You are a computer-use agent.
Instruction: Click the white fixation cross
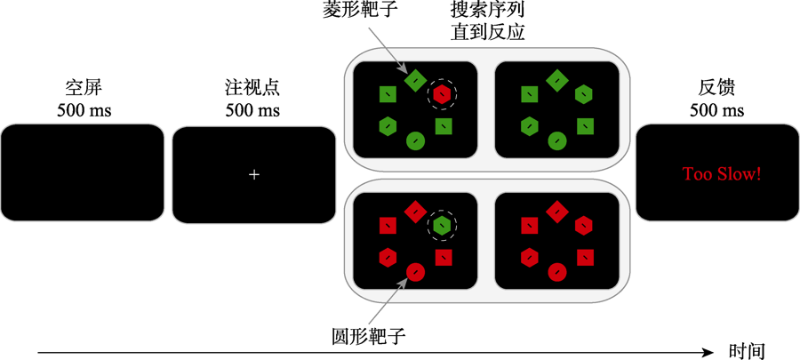click(x=254, y=174)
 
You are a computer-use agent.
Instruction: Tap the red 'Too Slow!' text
click(x=721, y=173)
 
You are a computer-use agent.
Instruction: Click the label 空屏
click(x=83, y=89)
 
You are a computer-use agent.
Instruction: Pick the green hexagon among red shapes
click(x=441, y=226)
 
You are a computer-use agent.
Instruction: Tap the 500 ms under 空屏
click(x=83, y=111)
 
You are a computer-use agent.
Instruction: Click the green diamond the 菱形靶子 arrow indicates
click(x=414, y=80)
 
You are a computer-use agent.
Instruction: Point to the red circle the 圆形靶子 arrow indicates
click(x=414, y=271)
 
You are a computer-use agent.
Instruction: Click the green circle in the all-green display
click(x=556, y=140)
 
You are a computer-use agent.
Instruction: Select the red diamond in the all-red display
click(x=556, y=212)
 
